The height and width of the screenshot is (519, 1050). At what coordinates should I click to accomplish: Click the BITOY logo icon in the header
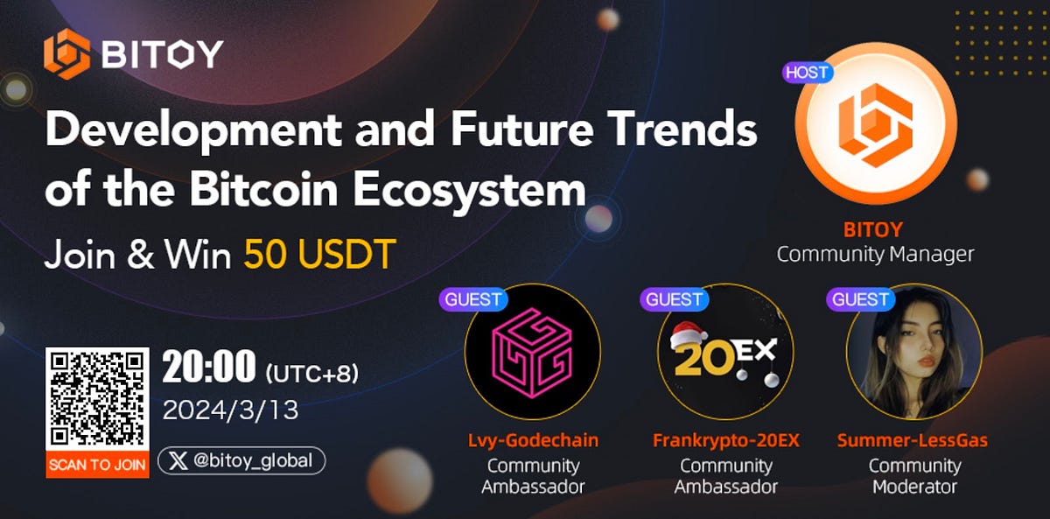66,54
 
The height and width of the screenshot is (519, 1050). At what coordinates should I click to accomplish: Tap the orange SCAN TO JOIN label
97,464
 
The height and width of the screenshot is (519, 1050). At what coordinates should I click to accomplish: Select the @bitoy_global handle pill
241,461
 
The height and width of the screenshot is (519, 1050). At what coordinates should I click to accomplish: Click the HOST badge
807,72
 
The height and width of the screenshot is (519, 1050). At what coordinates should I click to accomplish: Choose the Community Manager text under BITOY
875,256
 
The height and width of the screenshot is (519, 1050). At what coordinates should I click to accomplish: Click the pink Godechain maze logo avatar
531,350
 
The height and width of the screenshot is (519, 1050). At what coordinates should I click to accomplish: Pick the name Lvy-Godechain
533,441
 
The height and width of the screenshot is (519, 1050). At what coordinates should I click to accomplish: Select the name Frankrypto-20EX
725,441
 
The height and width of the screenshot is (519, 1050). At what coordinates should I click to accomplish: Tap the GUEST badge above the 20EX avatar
675,299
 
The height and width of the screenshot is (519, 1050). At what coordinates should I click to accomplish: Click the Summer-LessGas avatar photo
913,350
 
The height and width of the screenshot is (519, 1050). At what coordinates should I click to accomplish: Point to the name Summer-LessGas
912,441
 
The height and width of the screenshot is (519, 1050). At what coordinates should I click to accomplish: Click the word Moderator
914,487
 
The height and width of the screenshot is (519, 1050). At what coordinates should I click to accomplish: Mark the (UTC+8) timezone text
311,373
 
